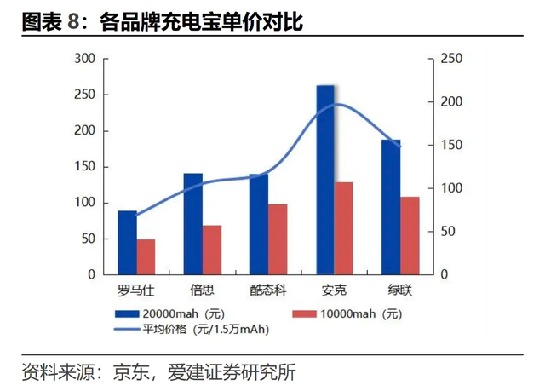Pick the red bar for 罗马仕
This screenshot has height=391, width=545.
[x=146, y=256]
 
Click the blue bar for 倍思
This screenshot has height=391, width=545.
[x=193, y=224]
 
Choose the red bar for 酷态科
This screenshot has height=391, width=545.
[x=278, y=239]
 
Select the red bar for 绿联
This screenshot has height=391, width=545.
[x=410, y=236]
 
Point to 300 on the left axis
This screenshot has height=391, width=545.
[x=85, y=59]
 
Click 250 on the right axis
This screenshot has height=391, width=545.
[x=451, y=59]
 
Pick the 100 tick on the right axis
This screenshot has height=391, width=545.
[x=451, y=188]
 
